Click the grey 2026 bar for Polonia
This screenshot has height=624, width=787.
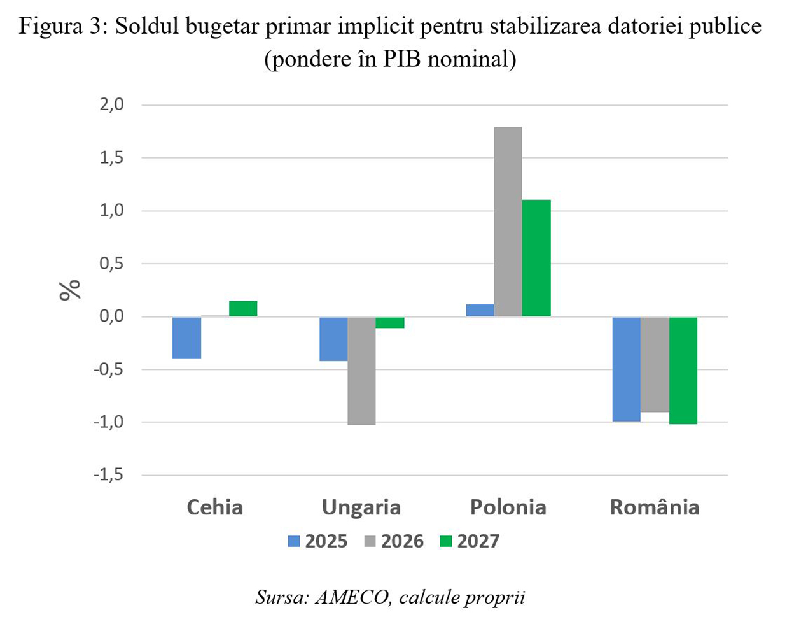click(508, 222)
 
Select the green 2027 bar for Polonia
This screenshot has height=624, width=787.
click(536, 258)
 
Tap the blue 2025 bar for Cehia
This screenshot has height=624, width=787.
click(187, 337)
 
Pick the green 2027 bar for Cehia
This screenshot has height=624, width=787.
click(243, 309)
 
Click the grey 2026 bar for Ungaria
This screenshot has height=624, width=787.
click(361, 370)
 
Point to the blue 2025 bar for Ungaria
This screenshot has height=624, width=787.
click(333, 339)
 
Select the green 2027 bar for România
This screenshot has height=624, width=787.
click(683, 370)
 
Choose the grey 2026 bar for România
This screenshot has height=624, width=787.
click(655, 364)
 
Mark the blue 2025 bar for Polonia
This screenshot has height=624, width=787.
click(480, 310)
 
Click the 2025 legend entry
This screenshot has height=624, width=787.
click(317, 541)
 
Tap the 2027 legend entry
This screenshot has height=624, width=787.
click(470, 541)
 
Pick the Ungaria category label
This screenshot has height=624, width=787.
click(361, 507)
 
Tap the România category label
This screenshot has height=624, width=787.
click(654, 507)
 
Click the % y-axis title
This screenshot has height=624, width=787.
click(70, 290)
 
